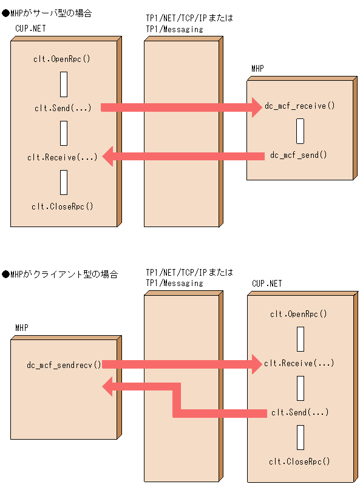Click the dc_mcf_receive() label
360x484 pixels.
(x=299, y=106)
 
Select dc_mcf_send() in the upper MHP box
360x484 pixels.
(x=299, y=155)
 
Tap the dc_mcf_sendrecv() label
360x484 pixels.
(x=64, y=365)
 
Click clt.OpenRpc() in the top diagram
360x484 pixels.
(x=63, y=59)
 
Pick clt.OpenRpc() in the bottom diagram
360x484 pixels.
(x=299, y=314)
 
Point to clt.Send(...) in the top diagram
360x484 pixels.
(x=63, y=108)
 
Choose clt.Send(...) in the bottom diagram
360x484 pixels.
(x=299, y=412)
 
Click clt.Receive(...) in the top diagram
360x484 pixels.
(x=62, y=157)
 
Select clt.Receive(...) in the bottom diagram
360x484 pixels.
(x=299, y=363)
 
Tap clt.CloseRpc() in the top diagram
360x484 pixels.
(x=63, y=206)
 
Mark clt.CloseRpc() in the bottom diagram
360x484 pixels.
(x=299, y=461)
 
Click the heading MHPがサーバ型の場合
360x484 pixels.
(x=47, y=13)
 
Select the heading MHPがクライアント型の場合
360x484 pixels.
(x=60, y=274)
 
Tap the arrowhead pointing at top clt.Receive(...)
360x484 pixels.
(x=109, y=157)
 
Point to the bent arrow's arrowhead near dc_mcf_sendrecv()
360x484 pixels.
(x=109, y=386)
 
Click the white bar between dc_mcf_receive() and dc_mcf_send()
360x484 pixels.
(x=300, y=131)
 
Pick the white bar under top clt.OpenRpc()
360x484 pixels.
(x=63, y=84)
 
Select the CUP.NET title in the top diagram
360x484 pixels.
(x=30, y=29)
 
